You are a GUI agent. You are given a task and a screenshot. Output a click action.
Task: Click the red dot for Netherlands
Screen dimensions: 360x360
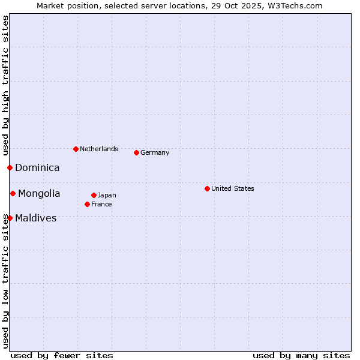[x=76, y=149]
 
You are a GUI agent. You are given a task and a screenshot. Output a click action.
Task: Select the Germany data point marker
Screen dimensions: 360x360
[x=136, y=152]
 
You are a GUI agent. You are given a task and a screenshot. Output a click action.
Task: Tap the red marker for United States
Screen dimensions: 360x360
[x=207, y=188]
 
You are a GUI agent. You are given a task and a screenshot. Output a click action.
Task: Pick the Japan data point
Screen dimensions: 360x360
[x=94, y=195]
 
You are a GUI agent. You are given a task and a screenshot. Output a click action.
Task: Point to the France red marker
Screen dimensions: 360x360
[x=87, y=204]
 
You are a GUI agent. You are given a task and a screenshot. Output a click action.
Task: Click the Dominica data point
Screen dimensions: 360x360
[x=10, y=167]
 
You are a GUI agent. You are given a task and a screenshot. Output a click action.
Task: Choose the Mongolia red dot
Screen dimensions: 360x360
[x=13, y=193]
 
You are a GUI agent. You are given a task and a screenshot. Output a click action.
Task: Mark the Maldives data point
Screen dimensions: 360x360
[x=10, y=218]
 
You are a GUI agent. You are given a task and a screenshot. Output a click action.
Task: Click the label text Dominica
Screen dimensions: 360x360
[x=37, y=168]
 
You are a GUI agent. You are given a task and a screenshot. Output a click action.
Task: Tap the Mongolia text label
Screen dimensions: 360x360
[x=39, y=194]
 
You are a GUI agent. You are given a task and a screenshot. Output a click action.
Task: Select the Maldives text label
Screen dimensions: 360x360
[x=36, y=218]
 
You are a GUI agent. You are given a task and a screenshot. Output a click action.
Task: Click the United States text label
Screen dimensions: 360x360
[x=233, y=188]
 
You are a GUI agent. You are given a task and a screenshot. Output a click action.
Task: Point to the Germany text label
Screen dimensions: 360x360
[x=155, y=152]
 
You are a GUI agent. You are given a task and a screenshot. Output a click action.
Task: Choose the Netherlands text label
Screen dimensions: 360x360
[x=99, y=149]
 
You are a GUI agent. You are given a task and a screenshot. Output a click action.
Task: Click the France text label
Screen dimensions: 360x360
[x=101, y=204]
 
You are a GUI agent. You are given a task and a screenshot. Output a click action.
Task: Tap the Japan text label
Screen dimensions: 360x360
[x=107, y=195]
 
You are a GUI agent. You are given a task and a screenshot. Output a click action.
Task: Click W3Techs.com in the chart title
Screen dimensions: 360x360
[x=295, y=5]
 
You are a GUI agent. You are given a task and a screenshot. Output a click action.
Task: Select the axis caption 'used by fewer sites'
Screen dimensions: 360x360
[x=62, y=355]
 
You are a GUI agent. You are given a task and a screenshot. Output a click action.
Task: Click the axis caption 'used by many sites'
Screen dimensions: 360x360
[x=301, y=355]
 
